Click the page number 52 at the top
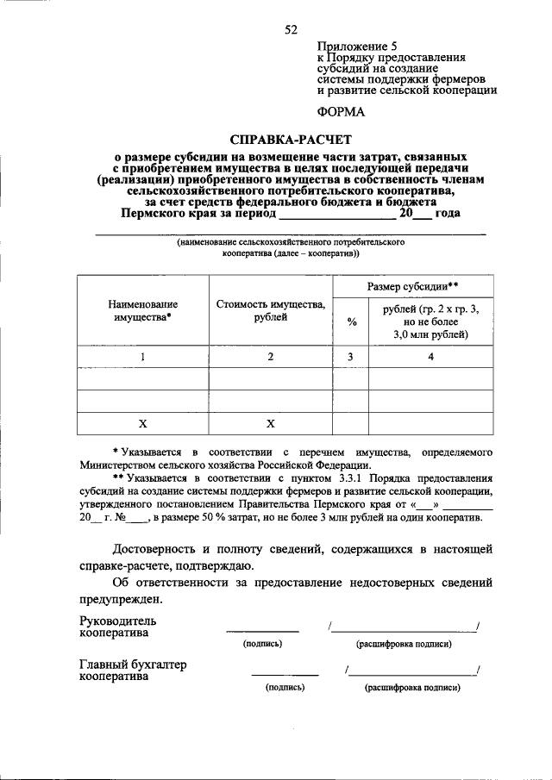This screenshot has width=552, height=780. (x=291, y=29)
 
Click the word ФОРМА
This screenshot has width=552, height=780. (x=341, y=111)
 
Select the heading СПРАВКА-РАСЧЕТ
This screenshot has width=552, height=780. (x=291, y=139)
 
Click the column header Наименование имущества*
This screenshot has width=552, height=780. (x=143, y=310)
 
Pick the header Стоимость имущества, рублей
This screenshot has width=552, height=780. (x=271, y=310)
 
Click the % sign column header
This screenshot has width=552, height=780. (x=352, y=321)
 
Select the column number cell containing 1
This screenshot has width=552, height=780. (x=143, y=356)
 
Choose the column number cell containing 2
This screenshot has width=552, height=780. (x=271, y=356)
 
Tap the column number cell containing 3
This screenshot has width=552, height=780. (x=352, y=356)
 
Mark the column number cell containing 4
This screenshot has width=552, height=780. (x=430, y=356)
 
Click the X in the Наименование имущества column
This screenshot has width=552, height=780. (x=143, y=423)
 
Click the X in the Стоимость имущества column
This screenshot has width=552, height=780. (x=271, y=423)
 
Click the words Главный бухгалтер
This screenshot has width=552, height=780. (x=133, y=665)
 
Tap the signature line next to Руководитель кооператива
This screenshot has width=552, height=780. (x=262, y=632)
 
